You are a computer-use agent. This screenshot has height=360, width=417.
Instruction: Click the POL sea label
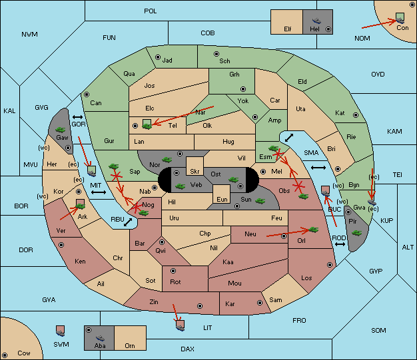tap(151, 11)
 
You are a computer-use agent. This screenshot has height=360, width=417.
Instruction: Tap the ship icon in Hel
tap(316, 21)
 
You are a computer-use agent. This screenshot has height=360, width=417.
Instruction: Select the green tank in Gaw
tap(61, 130)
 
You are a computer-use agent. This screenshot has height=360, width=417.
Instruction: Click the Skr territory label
tap(195, 172)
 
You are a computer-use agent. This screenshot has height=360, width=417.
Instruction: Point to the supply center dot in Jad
tap(158, 57)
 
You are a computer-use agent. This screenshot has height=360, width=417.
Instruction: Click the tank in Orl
tap(314, 230)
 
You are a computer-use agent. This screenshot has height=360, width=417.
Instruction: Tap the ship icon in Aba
tap(101, 338)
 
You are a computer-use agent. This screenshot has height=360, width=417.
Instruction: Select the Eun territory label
tap(222, 200)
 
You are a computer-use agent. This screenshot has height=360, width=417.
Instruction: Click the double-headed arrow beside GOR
tap(77, 117)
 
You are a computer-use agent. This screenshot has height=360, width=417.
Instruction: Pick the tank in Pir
tap(356, 233)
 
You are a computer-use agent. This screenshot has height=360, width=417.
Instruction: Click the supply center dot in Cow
tap(5, 355)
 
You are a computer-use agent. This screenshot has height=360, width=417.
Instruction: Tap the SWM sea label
tap(61, 344)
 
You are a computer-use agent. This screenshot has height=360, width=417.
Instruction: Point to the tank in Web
tap(180, 186)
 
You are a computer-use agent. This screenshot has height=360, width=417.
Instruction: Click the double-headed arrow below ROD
tap(340, 244)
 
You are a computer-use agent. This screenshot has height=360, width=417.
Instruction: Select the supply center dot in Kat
tap(356, 115)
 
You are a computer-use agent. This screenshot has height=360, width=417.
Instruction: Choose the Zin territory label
tap(154, 302)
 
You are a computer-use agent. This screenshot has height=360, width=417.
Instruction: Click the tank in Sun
tap(260, 201)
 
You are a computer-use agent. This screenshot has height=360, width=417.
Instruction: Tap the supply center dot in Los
tap(330, 265)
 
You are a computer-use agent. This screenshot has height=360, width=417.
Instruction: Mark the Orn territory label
tap(130, 345)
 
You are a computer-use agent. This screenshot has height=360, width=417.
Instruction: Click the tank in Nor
tap(167, 160)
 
